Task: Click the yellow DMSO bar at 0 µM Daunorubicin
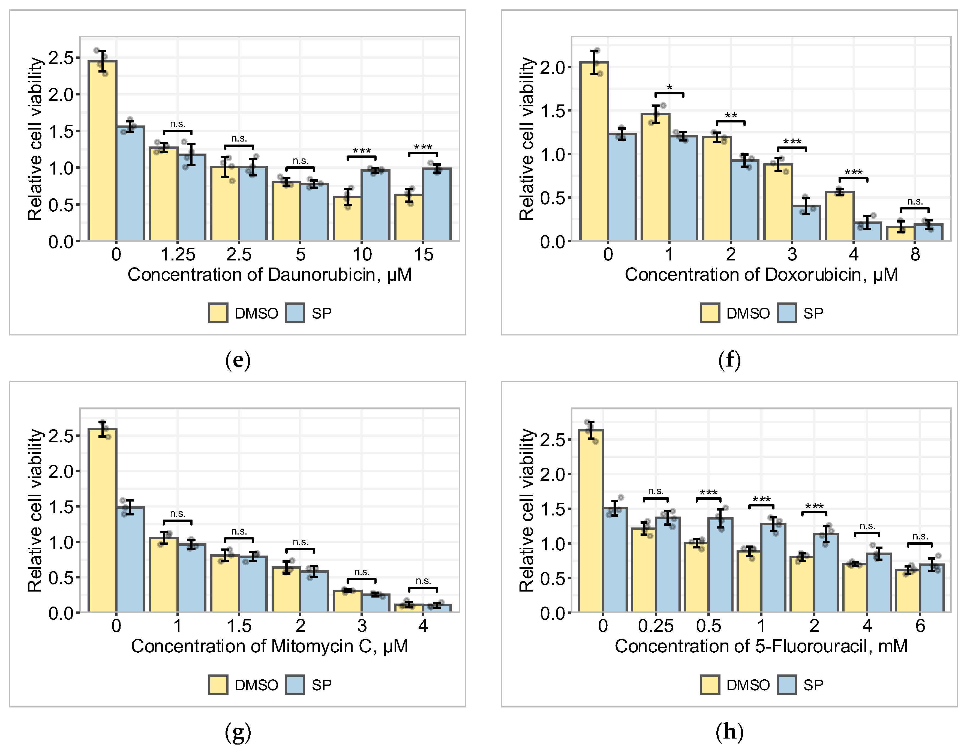click(x=102, y=151)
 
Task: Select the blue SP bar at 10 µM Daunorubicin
click(x=376, y=205)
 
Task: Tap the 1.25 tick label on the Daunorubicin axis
click(x=178, y=254)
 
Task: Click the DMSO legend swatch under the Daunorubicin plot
click(x=218, y=313)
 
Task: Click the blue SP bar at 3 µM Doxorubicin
click(x=806, y=223)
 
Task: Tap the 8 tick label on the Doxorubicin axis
click(x=915, y=254)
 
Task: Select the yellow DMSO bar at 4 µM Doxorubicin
click(x=839, y=216)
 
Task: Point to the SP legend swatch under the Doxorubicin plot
click(x=787, y=313)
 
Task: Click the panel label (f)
click(x=729, y=360)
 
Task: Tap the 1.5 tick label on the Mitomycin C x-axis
click(x=239, y=626)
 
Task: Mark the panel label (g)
click(x=238, y=733)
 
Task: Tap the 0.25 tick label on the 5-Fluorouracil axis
click(x=656, y=626)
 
